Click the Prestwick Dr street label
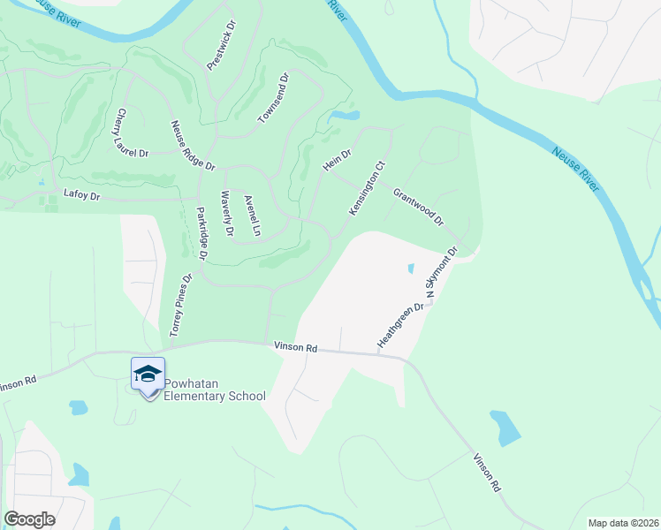click(222, 47)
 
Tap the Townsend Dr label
click(273, 98)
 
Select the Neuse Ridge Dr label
click(193, 146)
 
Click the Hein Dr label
click(337, 160)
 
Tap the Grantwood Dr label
click(417, 206)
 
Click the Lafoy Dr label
click(84, 192)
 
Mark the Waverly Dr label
click(227, 214)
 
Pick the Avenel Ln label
click(252, 216)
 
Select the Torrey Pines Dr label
click(180, 305)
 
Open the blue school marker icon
click(148, 375)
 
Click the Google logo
click(29, 519)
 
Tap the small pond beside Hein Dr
click(345, 116)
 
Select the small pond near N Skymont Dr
click(409, 268)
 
